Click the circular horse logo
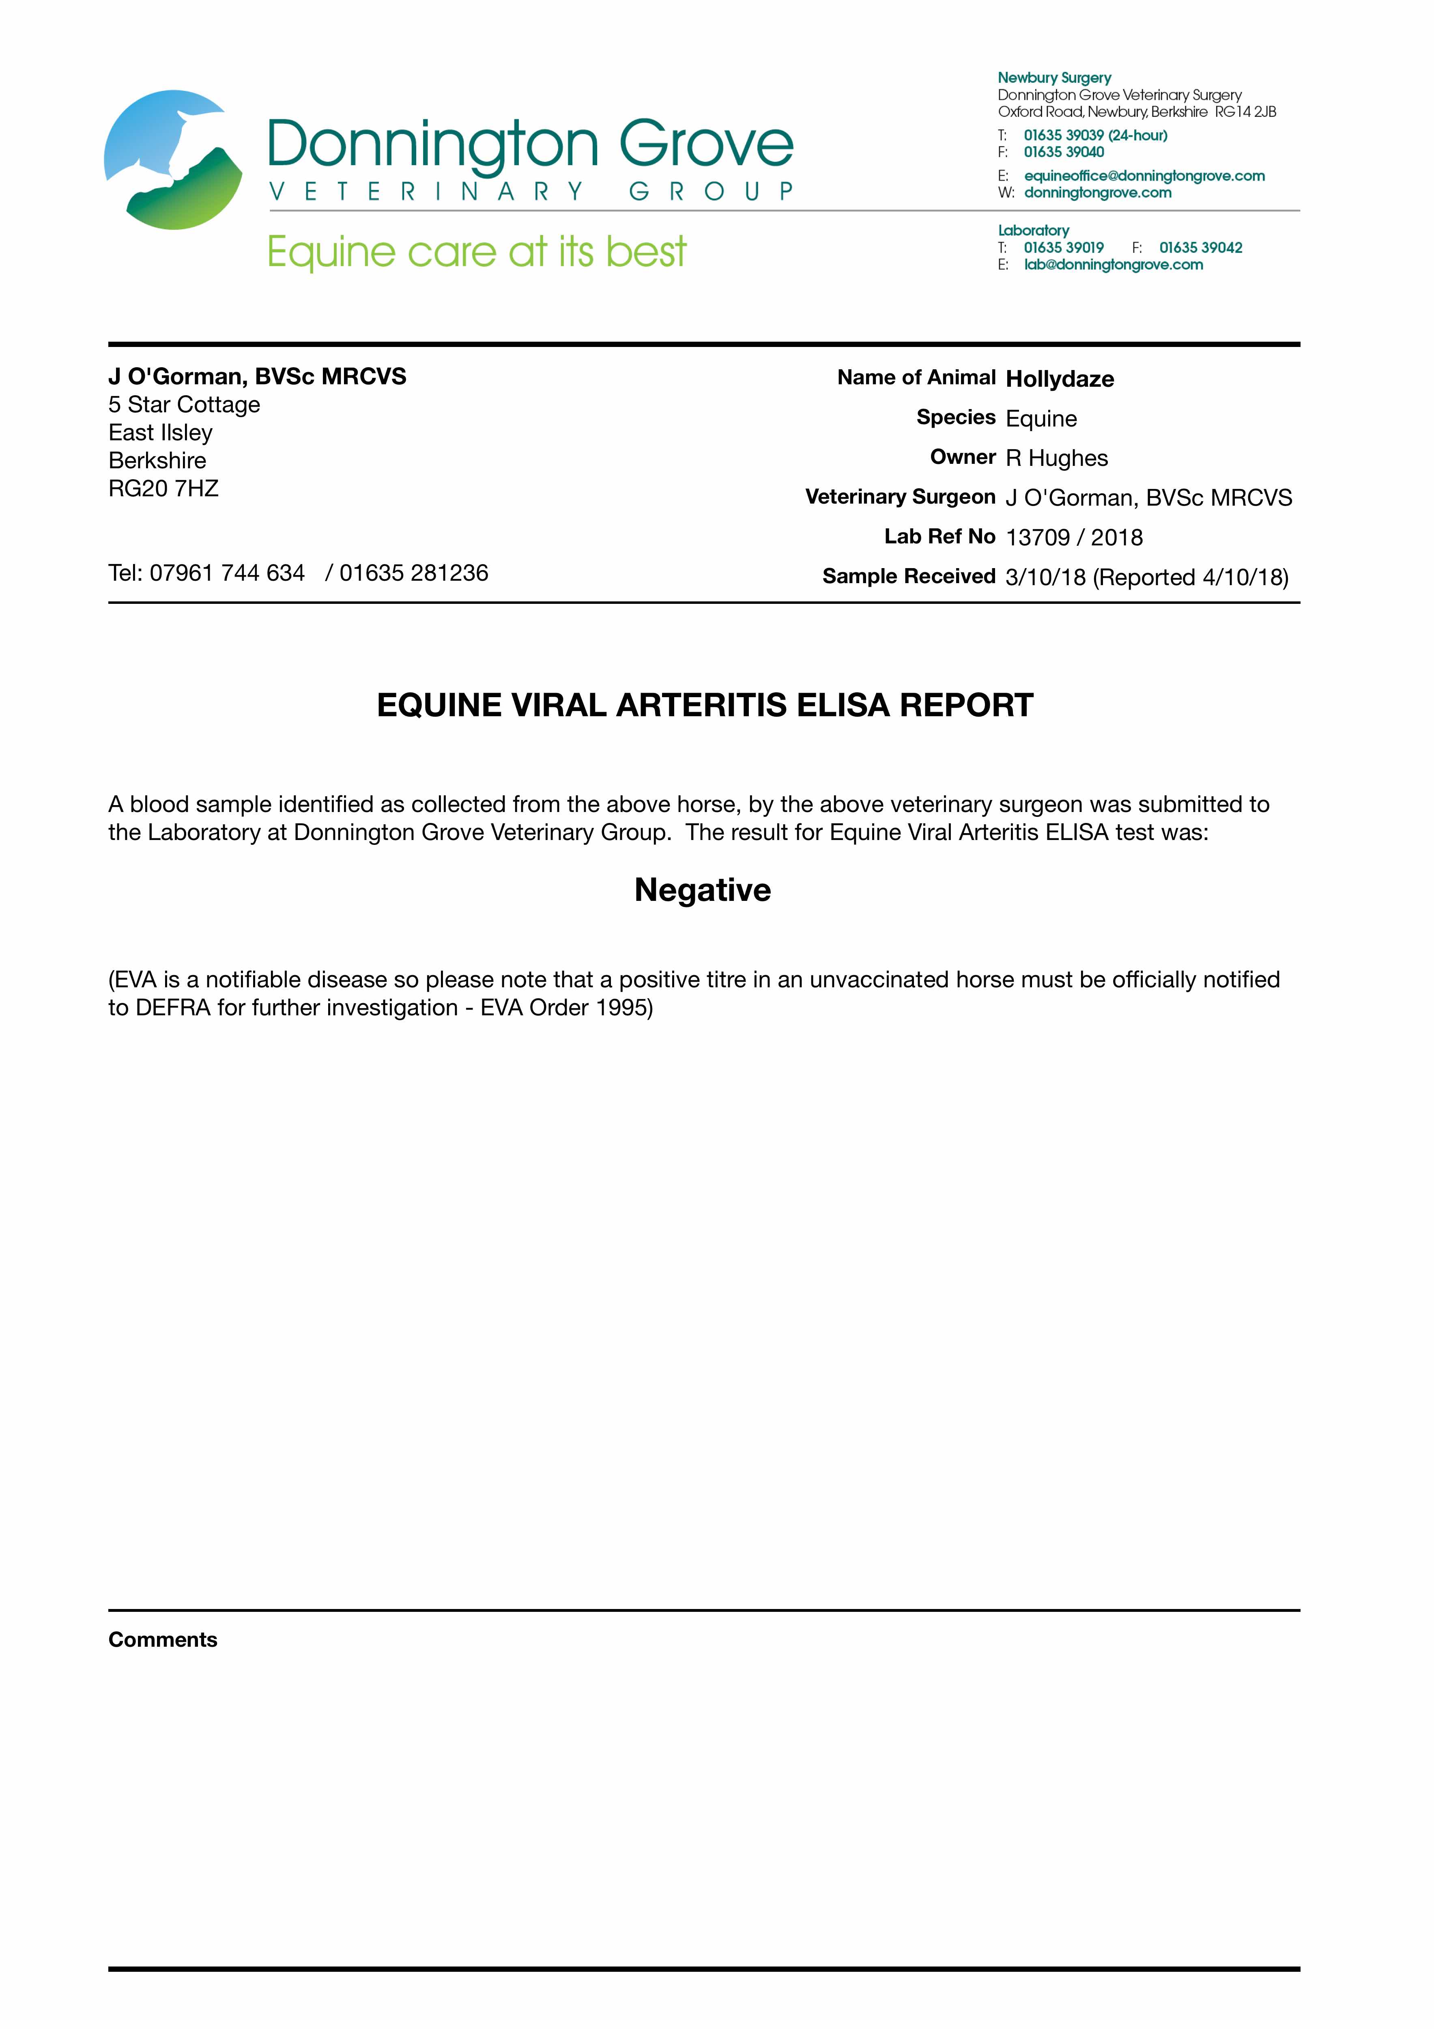pyautogui.click(x=173, y=160)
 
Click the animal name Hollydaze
pyautogui.click(x=1060, y=379)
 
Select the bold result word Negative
pyautogui.click(x=703, y=890)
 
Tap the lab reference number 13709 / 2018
pyautogui.click(x=1073, y=537)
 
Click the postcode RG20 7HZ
pyautogui.click(x=163, y=489)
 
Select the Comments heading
pyautogui.click(x=163, y=1639)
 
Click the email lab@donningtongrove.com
pyautogui.click(x=1113, y=265)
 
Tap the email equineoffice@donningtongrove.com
pyautogui.click(x=1144, y=176)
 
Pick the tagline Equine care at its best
pyautogui.click(x=476, y=253)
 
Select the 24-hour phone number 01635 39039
pyautogui.click(x=1064, y=135)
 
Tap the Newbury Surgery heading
pyautogui.click(x=1054, y=78)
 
